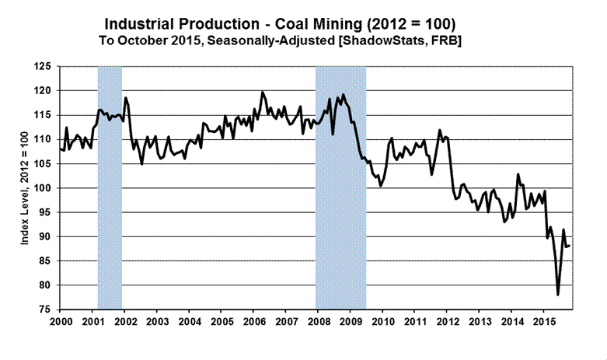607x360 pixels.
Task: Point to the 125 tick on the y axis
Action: (x=47, y=67)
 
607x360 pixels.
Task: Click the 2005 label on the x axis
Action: (x=221, y=320)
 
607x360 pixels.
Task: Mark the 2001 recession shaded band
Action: (x=110, y=187)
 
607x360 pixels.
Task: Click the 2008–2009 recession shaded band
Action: (x=340, y=187)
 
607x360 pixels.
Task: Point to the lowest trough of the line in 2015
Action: (x=558, y=295)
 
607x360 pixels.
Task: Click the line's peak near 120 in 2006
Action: (x=262, y=93)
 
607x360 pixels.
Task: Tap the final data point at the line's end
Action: (x=570, y=246)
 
